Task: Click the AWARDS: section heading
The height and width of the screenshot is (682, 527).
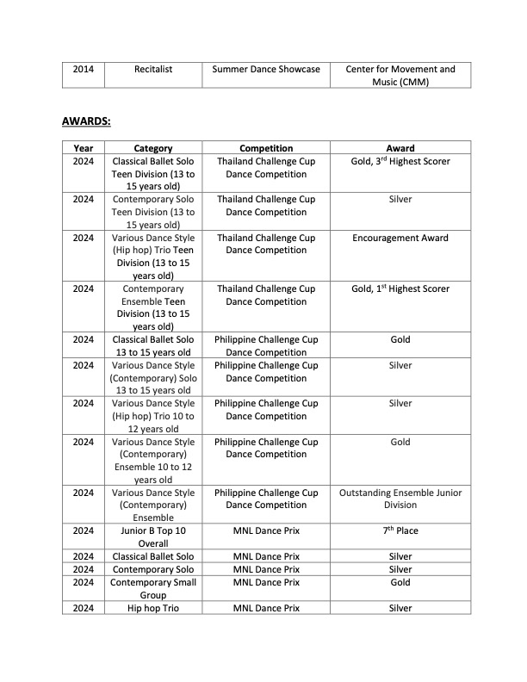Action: [x=86, y=121]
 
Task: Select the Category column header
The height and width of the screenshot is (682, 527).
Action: [x=153, y=148]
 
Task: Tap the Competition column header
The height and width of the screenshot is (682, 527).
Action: [x=266, y=148]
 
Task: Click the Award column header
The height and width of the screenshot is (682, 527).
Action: [x=400, y=148]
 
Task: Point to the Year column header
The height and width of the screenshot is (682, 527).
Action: [x=84, y=148]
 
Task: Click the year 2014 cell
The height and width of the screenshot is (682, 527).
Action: [x=84, y=69]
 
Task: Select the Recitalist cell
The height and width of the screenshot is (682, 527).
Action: [x=153, y=69]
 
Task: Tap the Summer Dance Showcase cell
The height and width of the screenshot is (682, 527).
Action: [x=266, y=69]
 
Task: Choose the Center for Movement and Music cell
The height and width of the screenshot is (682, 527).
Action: [x=400, y=75]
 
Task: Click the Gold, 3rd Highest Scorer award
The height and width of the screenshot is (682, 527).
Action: [x=400, y=161]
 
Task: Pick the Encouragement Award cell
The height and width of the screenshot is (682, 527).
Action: [x=400, y=238]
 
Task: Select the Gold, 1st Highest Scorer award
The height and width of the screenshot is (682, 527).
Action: [x=400, y=288]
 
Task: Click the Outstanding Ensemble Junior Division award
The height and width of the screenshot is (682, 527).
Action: [x=400, y=499]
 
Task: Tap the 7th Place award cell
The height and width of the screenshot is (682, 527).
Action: [x=400, y=530]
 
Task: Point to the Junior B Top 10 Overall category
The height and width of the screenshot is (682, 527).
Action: [x=153, y=536]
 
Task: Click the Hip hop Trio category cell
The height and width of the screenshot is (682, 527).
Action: [x=153, y=608]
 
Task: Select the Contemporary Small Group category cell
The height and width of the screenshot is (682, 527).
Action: [x=153, y=588]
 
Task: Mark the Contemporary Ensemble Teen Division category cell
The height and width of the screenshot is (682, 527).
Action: [x=153, y=307]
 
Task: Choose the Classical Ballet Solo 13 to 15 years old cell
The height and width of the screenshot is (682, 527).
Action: [x=153, y=345]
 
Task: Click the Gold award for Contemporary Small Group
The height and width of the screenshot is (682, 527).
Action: [x=400, y=582]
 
